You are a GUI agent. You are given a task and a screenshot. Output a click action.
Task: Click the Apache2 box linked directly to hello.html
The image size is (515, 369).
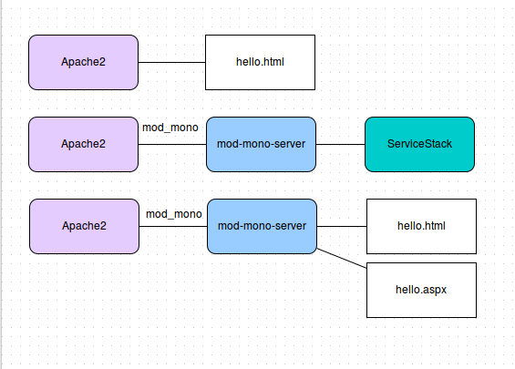tap(84, 62)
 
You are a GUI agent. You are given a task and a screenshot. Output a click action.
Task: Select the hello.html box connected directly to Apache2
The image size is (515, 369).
tap(260, 62)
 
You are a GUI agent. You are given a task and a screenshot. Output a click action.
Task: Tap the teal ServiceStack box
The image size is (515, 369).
tap(420, 144)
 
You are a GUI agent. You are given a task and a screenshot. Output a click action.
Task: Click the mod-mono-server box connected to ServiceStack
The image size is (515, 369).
tap(261, 144)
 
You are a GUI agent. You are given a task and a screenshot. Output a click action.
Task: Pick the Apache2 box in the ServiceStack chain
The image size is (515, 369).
tap(84, 144)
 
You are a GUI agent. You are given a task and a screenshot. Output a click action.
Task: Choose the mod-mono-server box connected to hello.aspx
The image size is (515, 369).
tap(263, 226)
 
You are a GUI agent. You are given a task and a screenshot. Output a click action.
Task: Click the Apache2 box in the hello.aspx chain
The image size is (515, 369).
tap(85, 226)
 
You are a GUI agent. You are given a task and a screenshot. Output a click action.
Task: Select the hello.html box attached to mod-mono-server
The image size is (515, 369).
tap(421, 226)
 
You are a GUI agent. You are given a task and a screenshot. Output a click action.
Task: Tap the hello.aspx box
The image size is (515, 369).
tap(421, 291)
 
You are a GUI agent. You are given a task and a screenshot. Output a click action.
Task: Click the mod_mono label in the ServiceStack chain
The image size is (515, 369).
tap(170, 128)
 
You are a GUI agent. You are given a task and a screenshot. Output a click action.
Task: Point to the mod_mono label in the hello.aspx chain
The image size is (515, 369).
tap(174, 214)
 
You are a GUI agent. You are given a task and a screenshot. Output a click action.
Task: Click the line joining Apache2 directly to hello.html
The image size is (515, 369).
tap(171, 62)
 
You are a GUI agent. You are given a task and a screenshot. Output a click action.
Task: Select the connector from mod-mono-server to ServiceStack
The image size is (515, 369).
tap(341, 144)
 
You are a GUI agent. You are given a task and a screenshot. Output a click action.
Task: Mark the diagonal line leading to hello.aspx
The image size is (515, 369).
tap(342, 259)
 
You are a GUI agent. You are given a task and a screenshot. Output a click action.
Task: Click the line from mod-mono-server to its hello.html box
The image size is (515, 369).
tap(342, 226)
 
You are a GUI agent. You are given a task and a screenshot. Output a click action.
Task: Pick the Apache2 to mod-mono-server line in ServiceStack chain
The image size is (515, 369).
tap(172, 144)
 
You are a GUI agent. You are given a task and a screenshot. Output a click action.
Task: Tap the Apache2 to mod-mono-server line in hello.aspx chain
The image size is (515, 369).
tap(173, 226)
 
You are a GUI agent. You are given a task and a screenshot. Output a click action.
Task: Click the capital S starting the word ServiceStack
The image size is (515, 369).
tap(391, 144)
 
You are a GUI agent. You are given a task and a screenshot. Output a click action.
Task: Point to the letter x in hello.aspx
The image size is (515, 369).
tap(443, 291)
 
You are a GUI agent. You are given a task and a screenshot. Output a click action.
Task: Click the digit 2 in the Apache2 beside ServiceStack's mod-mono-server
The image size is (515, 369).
tap(102, 144)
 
